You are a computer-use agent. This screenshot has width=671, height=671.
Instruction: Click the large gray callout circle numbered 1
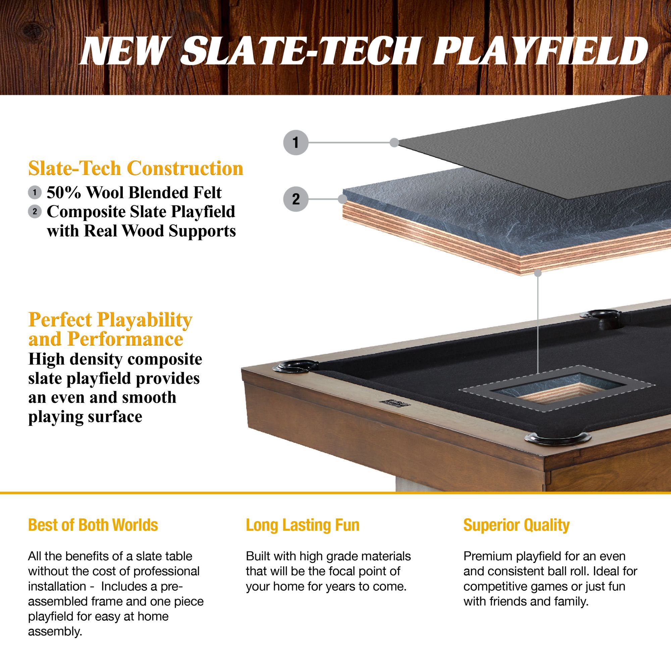point(296,142)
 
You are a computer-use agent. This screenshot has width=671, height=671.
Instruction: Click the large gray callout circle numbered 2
point(296,199)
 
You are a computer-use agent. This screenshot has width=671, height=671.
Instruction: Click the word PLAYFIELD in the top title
point(540,52)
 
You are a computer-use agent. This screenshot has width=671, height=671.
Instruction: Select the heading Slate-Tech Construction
point(136,168)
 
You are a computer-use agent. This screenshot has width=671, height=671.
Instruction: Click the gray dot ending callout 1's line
point(394,142)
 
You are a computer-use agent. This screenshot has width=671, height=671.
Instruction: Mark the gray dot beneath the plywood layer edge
point(537,273)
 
